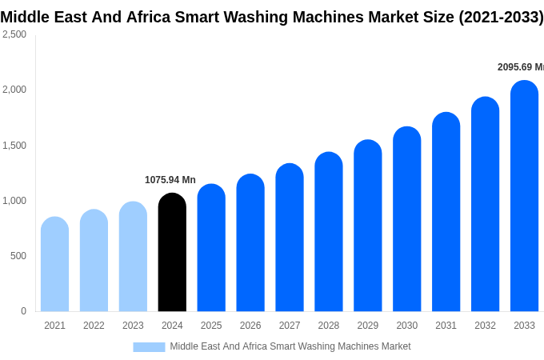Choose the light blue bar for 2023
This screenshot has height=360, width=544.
click(133, 257)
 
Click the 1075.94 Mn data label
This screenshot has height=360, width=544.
click(170, 180)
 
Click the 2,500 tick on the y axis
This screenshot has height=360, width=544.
click(14, 34)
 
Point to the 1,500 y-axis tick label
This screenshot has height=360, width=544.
click(14, 146)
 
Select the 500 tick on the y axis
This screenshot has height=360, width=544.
click(18, 256)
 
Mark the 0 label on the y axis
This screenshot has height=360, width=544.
click(23, 311)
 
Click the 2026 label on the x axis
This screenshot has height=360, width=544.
click(250, 326)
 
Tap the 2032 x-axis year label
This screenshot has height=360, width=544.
click(485, 326)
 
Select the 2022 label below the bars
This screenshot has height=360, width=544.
click(94, 326)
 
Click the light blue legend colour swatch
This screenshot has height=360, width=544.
click(149, 347)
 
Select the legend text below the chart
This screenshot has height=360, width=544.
click(290, 346)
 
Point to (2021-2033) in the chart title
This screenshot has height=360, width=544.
click(501, 17)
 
